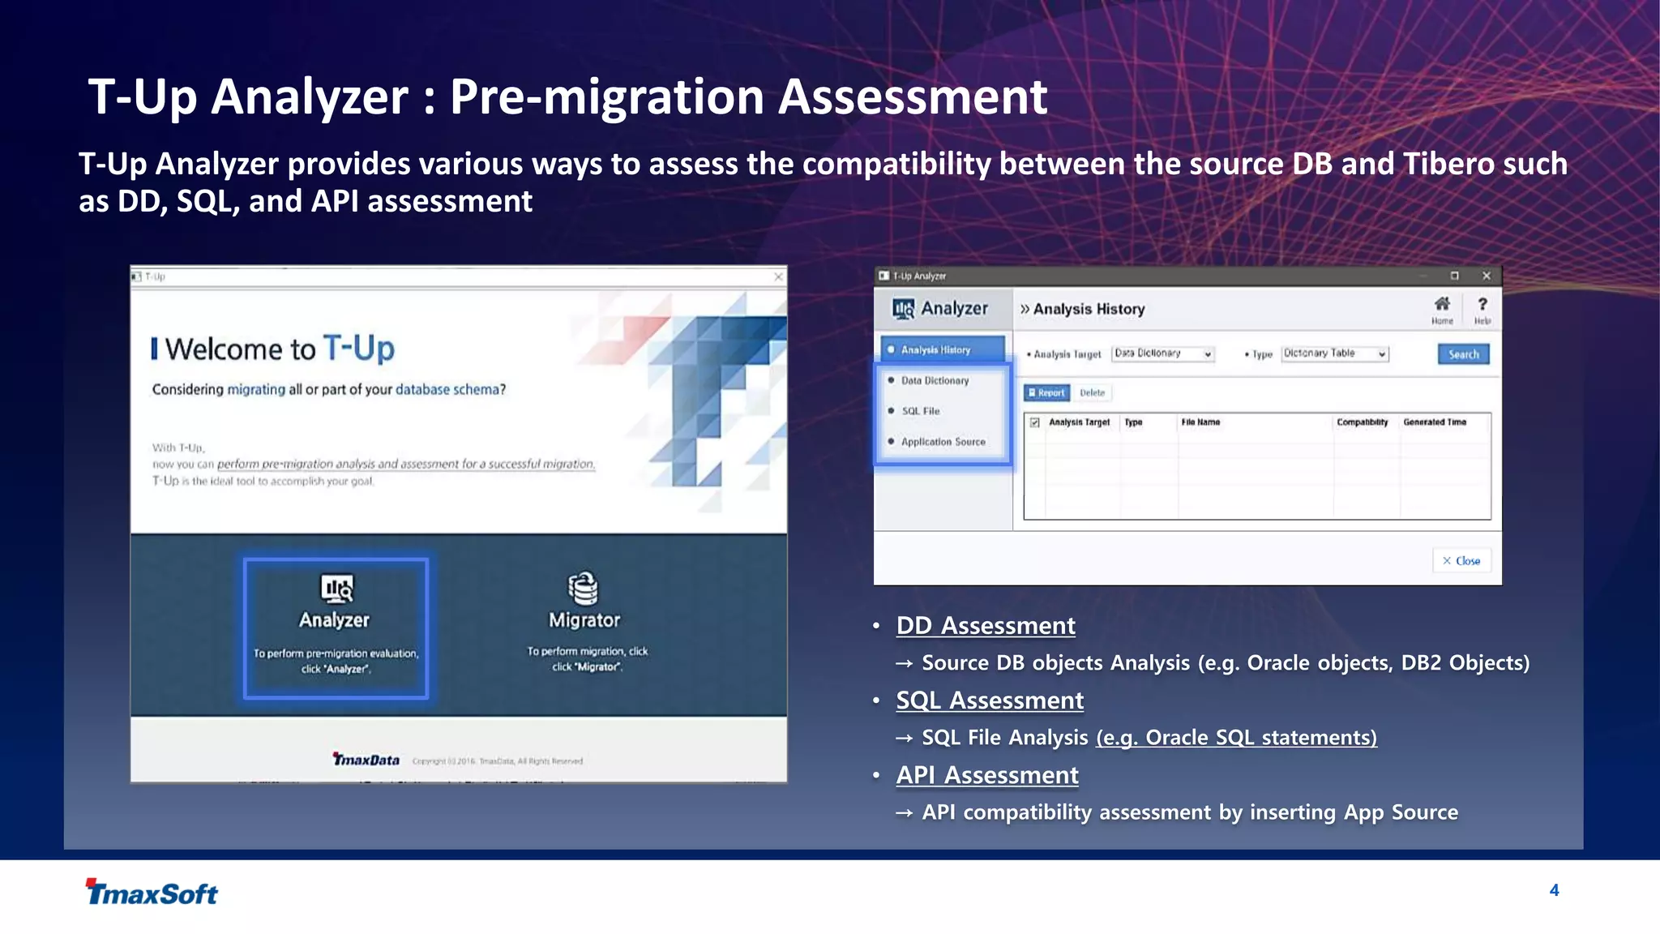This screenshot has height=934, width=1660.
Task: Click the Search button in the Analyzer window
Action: click(1463, 354)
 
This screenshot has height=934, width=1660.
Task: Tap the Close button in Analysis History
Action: click(1461, 560)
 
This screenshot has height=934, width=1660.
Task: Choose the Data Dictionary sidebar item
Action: click(935, 380)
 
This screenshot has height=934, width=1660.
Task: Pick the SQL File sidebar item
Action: click(920, 411)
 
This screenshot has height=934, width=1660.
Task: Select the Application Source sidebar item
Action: click(943, 442)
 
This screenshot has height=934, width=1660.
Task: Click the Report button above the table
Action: click(1046, 393)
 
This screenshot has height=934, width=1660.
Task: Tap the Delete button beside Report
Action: click(1092, 393)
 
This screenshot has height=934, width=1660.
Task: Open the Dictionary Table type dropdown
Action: click(1334, 353)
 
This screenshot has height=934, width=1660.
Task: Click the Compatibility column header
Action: click(1362, 422)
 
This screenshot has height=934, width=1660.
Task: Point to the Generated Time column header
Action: click(1434, 422)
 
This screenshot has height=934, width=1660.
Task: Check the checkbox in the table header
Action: click(1035, 422)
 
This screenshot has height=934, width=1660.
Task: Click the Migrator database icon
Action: click(583, 588)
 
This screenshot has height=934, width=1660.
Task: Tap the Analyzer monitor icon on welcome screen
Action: click(336, 588)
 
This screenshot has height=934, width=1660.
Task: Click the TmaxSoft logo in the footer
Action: click(152, 893)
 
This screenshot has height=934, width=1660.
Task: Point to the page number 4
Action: click(1554, 890)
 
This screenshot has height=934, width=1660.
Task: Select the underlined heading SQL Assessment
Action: click(989, 700)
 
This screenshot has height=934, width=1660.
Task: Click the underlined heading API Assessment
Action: click(986, 775)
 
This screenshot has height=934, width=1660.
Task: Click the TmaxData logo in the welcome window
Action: click(366, 760)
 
